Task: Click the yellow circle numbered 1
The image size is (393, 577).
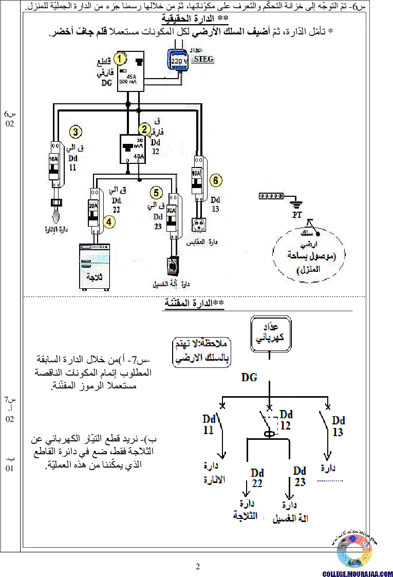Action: [x=120, y=59]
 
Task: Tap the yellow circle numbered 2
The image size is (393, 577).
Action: [x=145, y=129]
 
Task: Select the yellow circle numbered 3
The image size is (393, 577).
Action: [x=76, y=132]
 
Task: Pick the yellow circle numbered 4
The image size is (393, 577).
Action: [x=109, y=222]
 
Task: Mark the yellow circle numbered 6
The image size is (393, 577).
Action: [x=216, y=180]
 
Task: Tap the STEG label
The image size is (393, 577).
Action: [x=203, y=59]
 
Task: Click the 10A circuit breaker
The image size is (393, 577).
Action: [x=54, y=166]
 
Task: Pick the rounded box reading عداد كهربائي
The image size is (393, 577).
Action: [x=271, y=334]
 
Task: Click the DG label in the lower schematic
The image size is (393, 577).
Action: [x=250, y=378]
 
